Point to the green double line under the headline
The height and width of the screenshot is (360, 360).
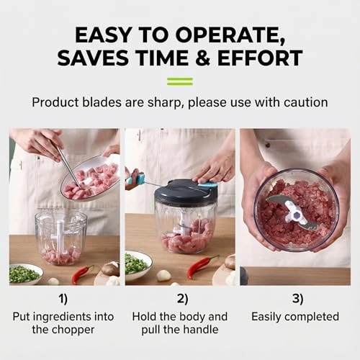(179, 81)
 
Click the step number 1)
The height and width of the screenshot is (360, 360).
(63, 297)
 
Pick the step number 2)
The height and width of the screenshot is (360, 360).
(180, 297)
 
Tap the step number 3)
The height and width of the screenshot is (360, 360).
(294, 297)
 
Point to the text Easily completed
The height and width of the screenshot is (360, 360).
(294, 317)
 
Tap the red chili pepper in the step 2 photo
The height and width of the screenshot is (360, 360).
(202, 266)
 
